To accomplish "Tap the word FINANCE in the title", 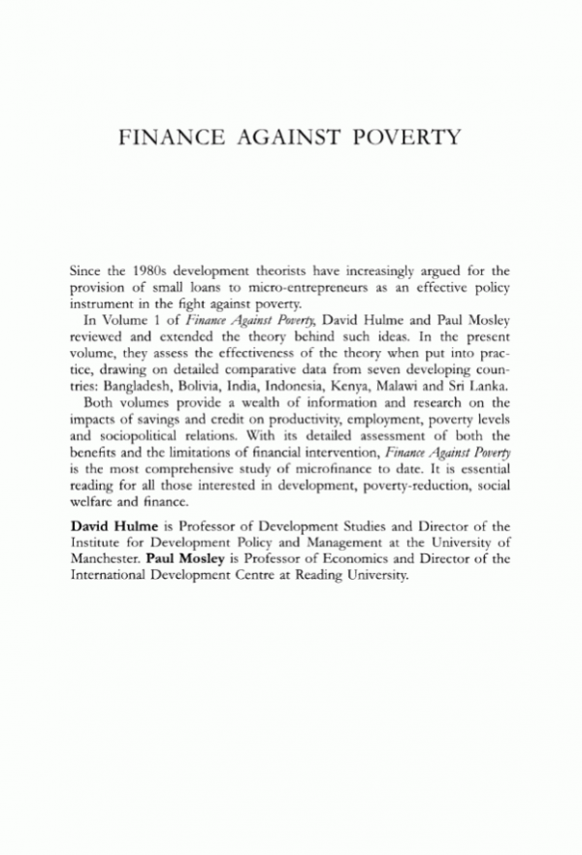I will pyautogui.click(x=173, y=136).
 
